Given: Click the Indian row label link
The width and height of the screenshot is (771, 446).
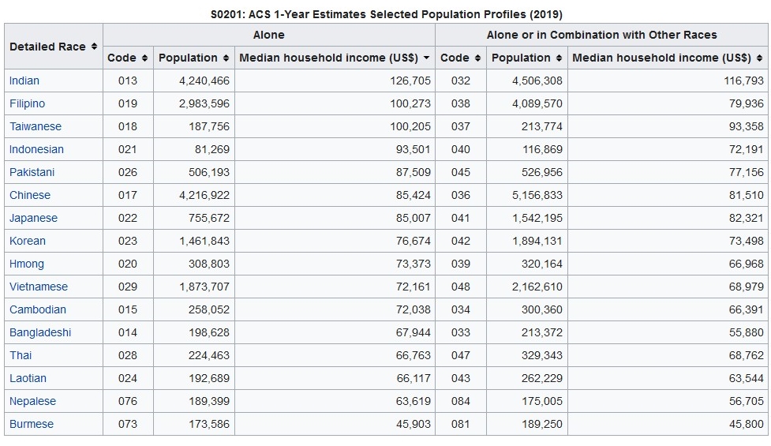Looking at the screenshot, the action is pyautogui.click(x=24, y=81).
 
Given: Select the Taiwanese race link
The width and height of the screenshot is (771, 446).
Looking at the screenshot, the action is pyautogui.click(x=36, y=126).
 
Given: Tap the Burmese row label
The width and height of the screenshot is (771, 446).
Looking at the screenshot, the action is pyautogui.click(x=32, y=424).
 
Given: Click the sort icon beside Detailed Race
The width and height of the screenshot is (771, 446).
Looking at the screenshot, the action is pyautogui.click(x=94, y=47).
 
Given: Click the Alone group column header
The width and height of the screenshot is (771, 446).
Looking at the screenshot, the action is pyautogui.click(x=268, y=35).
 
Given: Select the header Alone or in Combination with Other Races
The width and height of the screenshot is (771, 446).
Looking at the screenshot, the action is pyautogui.click(x=601, y=35).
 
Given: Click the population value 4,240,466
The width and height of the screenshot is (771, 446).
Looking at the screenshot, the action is pyautogui.click(x=204, y=81).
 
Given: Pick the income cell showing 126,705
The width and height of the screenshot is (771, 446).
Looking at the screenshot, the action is pyautogui.click(x=410, y=81).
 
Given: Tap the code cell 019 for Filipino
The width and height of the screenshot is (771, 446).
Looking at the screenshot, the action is pyautogui.click(x=127, y=103).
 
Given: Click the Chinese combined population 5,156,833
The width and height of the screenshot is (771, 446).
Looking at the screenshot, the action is pyautogui.click(x=537, y=195).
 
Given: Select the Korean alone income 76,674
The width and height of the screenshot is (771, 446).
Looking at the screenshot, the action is pyautogui.click(x=413, y=241).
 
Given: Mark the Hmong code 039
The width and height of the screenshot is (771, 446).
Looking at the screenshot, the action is pyautogui.click(x=460, y=264).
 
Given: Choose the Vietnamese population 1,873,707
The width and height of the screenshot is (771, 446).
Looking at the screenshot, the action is pyautogui.click(x=204, y=287).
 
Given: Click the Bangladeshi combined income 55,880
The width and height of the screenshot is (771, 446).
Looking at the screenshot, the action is pyautogui.click(x=746, y=332).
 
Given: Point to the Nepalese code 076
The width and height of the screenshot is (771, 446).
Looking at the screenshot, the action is pyautogui.click(x=127, y=401).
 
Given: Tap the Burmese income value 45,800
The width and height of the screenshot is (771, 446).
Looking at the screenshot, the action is pyautogui.click(x=746, y=424).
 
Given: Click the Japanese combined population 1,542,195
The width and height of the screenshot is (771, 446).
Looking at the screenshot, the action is pyautogui.click(x=537, y=219).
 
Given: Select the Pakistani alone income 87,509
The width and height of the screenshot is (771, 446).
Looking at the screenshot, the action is pyautogui.click(x=413, y=173).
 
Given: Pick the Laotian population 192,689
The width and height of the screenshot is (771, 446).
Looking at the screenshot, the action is pyautogui.click(x=208, y=378).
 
